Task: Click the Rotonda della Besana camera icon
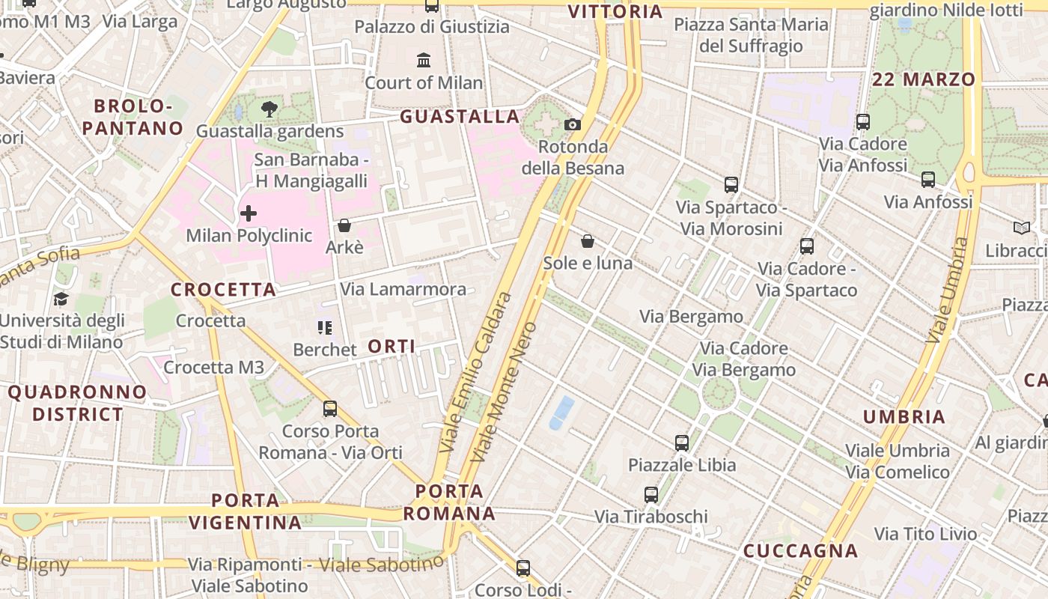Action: point(573,124)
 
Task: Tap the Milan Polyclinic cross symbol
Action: point(249,214)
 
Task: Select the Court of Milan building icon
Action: point(424,60)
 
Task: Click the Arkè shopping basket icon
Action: point(344,225)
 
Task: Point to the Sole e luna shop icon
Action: point(588,241)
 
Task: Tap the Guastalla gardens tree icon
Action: point(269,109)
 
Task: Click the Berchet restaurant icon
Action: point(324,328)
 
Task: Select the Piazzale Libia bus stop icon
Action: point(681,443)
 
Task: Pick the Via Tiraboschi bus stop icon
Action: point(651,494)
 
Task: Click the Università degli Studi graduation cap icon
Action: point(61,299)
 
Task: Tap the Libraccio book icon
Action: point(1021,228)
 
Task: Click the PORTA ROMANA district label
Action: point(449,502)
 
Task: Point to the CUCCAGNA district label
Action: point(800,551)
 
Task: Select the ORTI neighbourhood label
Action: point(392,346)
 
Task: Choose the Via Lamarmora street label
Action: point(403,289)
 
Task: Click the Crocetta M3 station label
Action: point(214,367)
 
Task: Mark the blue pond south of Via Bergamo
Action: point(561,413)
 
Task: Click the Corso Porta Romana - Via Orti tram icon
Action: point(330,409)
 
